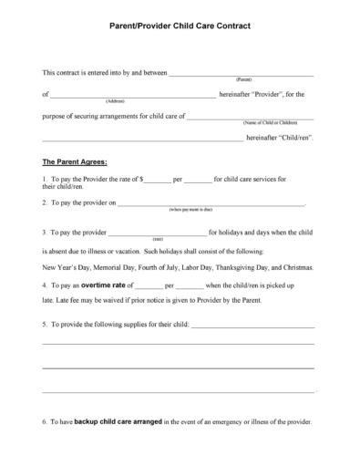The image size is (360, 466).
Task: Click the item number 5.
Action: point(45,324)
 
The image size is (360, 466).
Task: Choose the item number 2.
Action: point(45,202)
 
